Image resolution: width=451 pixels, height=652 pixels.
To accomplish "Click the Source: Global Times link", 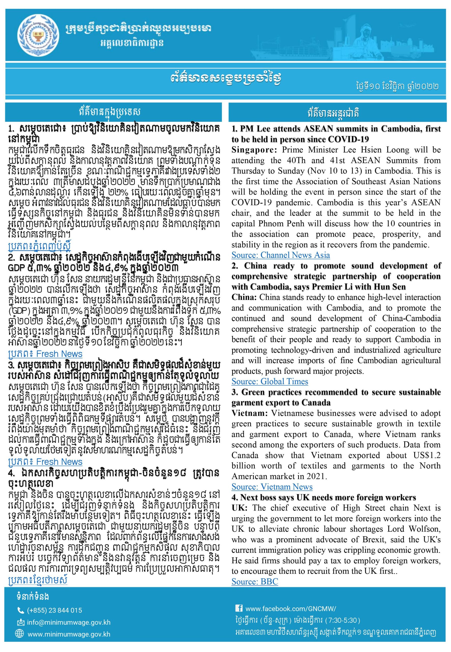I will point(270,382).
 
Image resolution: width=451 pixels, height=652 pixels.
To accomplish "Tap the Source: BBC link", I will point(255,581).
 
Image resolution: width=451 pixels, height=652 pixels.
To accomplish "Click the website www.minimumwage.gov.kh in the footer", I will point(69,634).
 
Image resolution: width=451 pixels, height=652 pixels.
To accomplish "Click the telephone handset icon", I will point(21,610).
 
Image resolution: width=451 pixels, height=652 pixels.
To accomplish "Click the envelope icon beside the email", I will point(21,622).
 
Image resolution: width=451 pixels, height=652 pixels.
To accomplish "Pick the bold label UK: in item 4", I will point(239,508).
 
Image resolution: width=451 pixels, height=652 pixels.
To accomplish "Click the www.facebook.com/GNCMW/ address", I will point(291,608).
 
